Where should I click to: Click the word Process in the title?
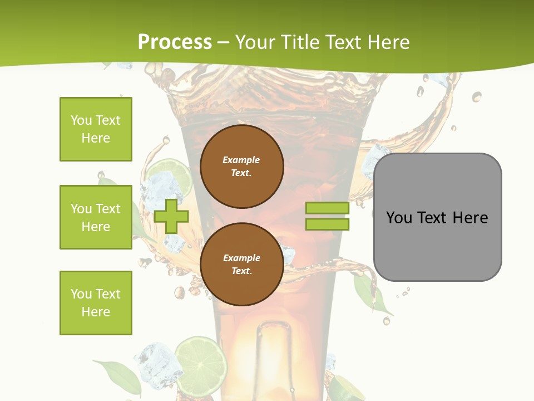175,42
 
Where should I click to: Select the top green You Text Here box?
96,129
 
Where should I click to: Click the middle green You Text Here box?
96,217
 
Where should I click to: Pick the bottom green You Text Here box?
96,303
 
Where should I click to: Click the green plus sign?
171,217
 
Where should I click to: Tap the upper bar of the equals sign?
327,208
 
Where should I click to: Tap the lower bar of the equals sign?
327,224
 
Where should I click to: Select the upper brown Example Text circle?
241,167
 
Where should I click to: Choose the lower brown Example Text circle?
241,264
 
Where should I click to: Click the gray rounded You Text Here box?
437,217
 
